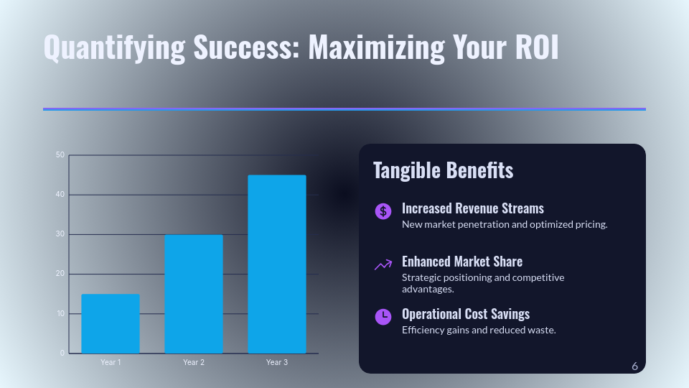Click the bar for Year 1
point(111,323)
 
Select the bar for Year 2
point(194,294)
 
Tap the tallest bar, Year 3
point(277,264)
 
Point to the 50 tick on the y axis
point(60,155)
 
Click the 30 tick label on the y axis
point(60,234)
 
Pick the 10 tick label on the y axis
point(60,314)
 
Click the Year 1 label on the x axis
point(111,362)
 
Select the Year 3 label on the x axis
point(277,362)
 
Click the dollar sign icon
point(383,211)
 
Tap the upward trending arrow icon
point(383,264)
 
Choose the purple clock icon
point(383,316)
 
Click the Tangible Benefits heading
point(443,170)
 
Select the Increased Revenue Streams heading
point(472,208)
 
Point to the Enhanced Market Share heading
point(461,261)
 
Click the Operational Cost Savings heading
point(465,314)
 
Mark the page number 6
point(634,366)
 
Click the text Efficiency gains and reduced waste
point(479,330)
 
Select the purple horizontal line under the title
point(344,109)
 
